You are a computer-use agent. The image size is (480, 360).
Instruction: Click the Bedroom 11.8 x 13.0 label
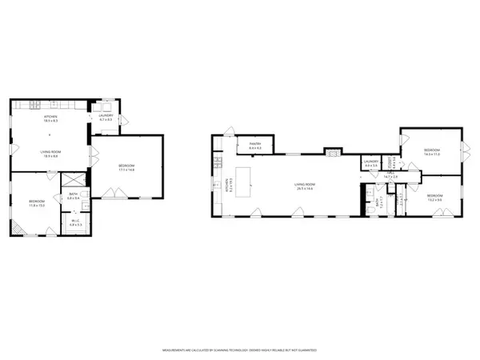point(36,202)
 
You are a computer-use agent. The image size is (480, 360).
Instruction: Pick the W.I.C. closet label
point(75,223)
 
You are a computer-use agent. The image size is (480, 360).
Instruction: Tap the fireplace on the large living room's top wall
point(332,152)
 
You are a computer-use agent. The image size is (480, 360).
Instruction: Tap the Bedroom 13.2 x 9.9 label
point(434,197)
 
